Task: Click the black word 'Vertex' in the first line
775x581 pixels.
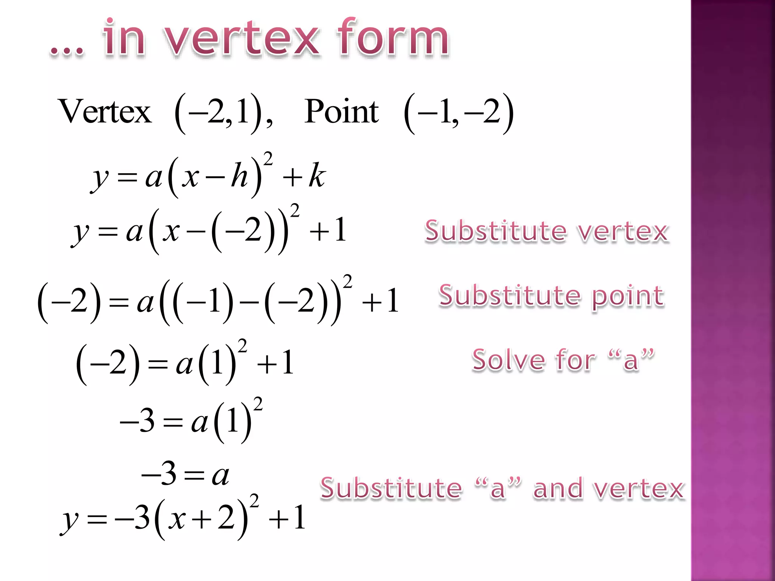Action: [105, 112]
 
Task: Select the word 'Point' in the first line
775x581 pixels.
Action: [341, 112]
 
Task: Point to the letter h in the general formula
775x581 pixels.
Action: [239, 176]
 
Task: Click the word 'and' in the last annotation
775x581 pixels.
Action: [558, 488]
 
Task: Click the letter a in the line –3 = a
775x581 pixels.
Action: [221, 475]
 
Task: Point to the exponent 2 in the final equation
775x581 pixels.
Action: [254, 500]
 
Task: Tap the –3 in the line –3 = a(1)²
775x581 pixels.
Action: [137, 421]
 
